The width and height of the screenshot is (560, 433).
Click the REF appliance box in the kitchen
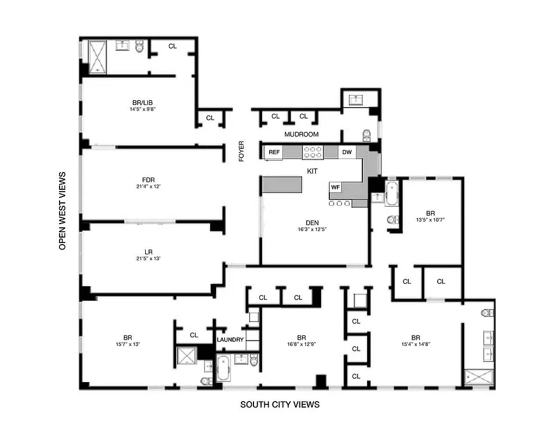click(274, 153)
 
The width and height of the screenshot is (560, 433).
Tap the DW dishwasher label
click(347, 153)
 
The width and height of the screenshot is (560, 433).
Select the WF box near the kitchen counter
click(336, 187)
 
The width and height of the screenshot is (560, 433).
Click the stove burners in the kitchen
click(312, 153)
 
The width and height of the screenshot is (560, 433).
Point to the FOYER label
click(242, 151)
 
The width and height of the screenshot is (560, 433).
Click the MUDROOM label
click(301, 134)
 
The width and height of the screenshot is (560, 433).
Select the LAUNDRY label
click(231, 340)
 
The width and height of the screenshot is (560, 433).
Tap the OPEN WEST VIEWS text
click(62, 211)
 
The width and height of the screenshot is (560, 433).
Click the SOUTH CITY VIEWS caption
click(280, 404)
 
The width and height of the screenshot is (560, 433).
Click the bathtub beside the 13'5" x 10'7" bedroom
click(392, 194)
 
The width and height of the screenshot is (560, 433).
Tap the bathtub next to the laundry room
click(223, 368)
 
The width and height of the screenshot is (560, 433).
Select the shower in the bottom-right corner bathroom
click(479, 378)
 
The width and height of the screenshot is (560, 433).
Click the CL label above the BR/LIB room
click(172, 46)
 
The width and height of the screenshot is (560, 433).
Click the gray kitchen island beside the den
click(282, 185)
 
